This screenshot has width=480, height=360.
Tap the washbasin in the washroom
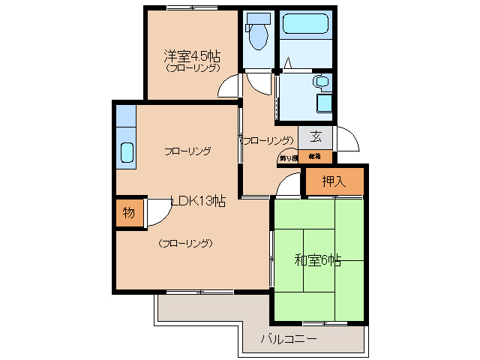click(x=322, y=82)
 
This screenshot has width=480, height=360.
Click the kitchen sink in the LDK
click(x=126, y=152)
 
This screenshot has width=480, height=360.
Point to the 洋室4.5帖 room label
click(x=192, y=55)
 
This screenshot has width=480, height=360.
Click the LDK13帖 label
click(x=198, y=200)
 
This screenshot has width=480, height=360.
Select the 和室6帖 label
click(x=317, y=260)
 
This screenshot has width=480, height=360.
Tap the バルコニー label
click(x=288, y=339)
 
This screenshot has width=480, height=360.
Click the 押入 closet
click(x=334, y=181)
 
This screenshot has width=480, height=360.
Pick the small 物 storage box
click(x=128, y=212)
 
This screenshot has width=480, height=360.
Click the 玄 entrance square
click(x=316, y=136)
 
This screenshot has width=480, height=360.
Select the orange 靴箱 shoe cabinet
click(x=314, y=157)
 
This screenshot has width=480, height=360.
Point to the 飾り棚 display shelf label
click(x=287, y=157)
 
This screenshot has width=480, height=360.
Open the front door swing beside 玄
click(x=346, y=139)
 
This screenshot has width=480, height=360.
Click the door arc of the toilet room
click(x=255, y=82)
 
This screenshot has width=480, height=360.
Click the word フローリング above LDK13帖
click(x=187, y=151)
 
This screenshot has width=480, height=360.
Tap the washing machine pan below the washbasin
click(x=325, y=103)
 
